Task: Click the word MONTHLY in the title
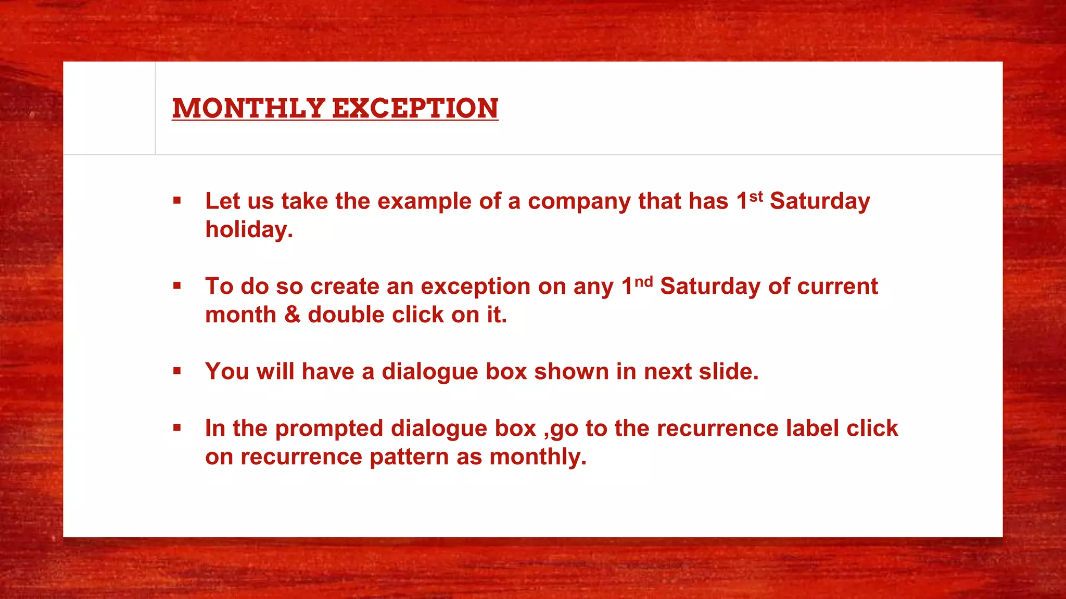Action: pos(249,108)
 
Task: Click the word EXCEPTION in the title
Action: pos(415,108)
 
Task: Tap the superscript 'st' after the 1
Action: pos(756,197)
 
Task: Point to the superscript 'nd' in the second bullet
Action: pos(643,282)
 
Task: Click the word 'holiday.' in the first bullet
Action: pos(249,230)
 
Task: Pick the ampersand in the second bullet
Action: pos(292,315)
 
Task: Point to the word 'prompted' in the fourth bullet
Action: pos(329,429)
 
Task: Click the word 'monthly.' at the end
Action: pos(538,457)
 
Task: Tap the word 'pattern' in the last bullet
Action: pos(409,457)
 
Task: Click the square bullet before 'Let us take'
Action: pos(177,201)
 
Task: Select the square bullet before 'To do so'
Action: pos(177,286)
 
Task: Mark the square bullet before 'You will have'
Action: pos(177,371)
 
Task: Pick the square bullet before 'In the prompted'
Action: pos(177,428)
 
